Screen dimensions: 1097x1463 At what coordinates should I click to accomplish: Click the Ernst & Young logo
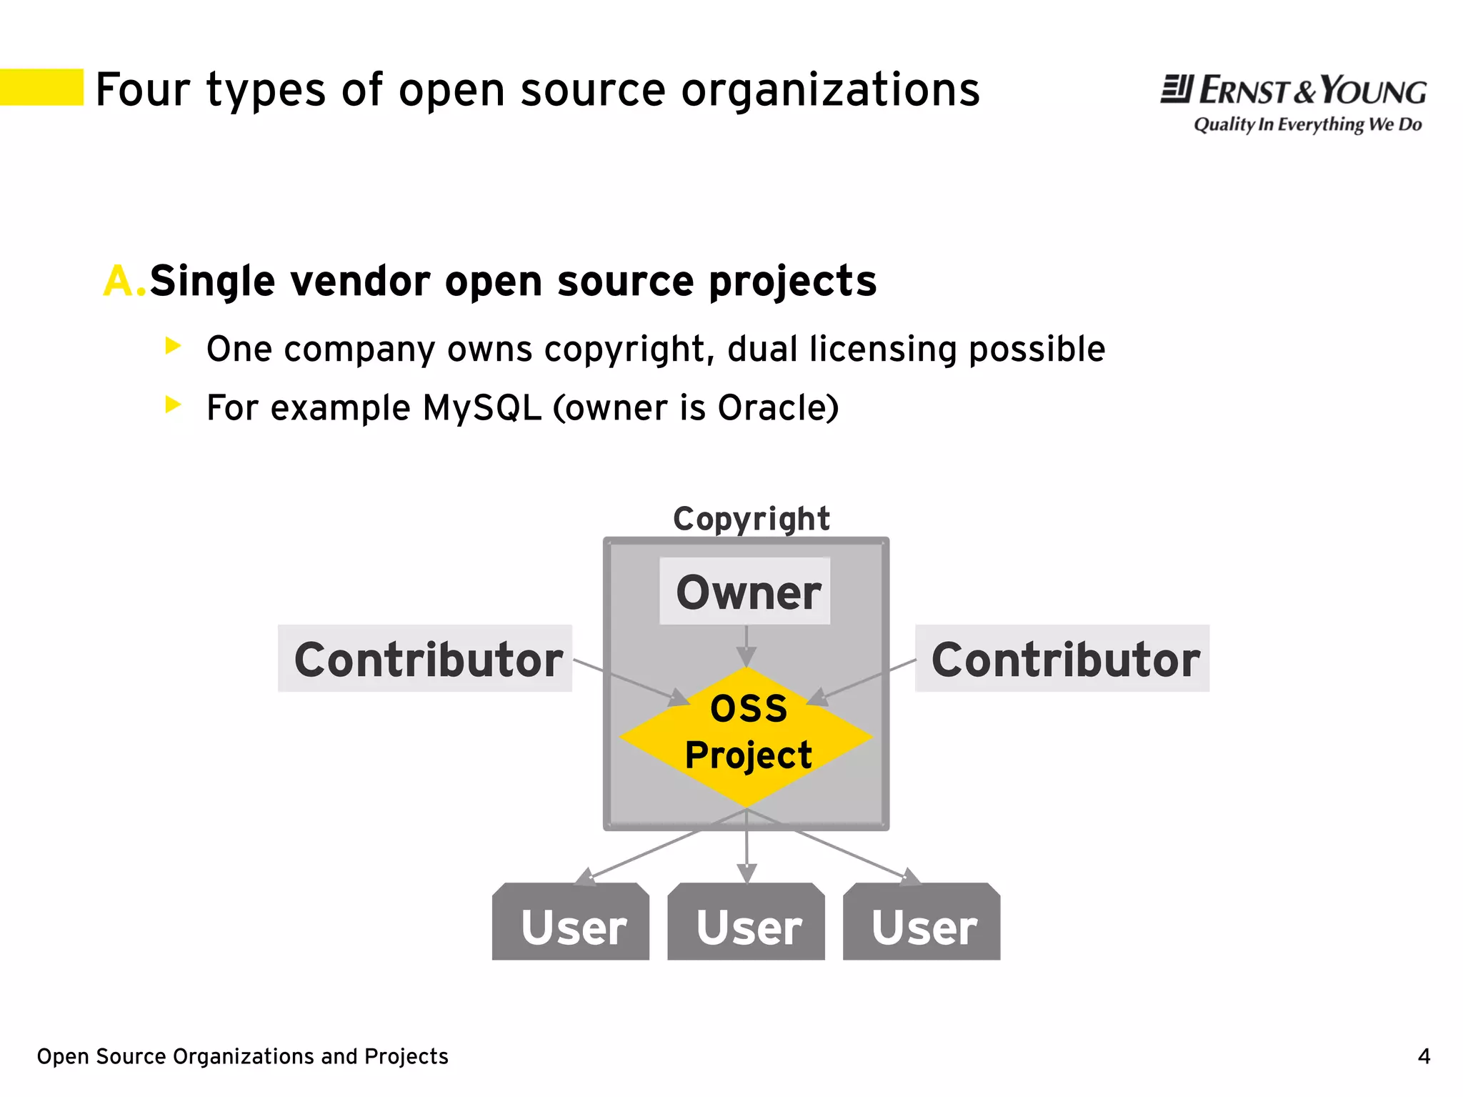tap(1293, 91)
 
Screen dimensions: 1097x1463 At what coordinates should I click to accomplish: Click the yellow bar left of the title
tap(41, 87)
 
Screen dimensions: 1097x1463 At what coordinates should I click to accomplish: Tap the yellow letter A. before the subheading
tap(124, 281)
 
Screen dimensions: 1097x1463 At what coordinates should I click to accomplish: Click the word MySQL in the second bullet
tap(481, 408)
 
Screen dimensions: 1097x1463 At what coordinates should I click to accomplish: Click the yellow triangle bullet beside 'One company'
tap(173, 346)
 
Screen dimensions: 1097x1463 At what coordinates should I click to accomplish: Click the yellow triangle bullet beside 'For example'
tap(173, 404)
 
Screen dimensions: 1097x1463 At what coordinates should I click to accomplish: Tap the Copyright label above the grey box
tap(751, 519)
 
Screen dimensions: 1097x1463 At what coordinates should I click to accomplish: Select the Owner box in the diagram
tap(745, 592)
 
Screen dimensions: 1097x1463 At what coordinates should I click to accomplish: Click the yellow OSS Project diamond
tap(747, 736)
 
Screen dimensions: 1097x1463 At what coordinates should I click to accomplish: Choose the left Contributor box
tap(426, 659)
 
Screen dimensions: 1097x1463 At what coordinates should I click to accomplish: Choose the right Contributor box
tap(1063, 659)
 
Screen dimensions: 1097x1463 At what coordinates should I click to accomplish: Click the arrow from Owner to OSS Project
tap(747, 647)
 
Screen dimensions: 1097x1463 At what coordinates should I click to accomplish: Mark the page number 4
tap(1424, 1056)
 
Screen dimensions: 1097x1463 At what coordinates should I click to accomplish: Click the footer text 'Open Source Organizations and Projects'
tap(242, 1056)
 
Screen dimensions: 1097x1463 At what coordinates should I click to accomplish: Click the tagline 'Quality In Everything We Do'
tap(1307, 124)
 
